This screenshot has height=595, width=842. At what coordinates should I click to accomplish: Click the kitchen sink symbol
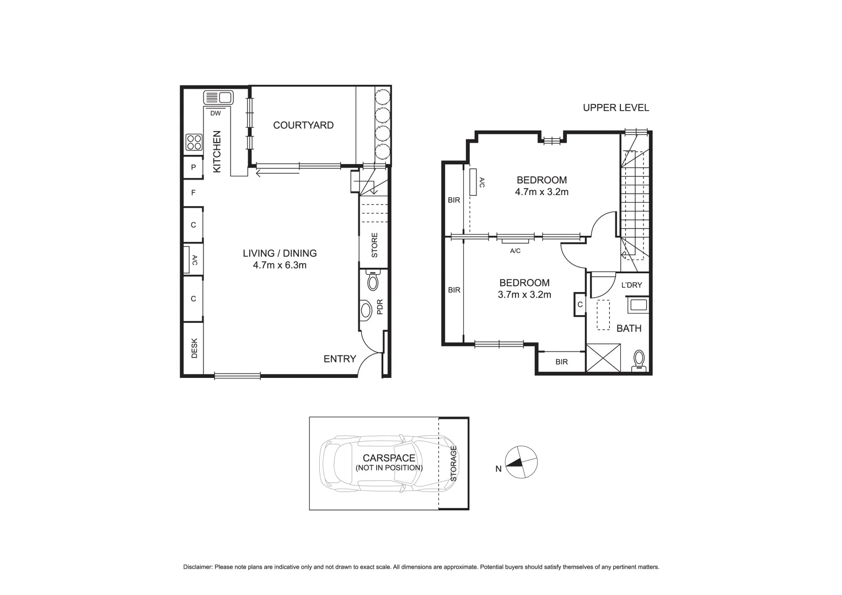pos(218,98)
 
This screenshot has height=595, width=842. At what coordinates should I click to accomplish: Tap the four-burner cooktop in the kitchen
pos(194,142)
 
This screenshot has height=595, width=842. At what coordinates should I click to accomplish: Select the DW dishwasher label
pos(216,113)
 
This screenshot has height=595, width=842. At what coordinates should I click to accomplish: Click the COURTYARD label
pos(303,125)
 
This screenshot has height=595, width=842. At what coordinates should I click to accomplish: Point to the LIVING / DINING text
pos(280,253)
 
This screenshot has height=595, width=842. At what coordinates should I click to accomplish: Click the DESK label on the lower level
pos(194,348)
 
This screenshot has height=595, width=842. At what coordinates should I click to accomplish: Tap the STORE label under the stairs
pos(374,246)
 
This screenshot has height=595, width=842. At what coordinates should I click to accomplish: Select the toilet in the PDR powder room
pos(373,282)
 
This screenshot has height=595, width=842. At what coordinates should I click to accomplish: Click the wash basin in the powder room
pos(366,310)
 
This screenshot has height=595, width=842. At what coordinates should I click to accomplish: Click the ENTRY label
pos(340,359)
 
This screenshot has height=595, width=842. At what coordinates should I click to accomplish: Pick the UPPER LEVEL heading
pos(616,108)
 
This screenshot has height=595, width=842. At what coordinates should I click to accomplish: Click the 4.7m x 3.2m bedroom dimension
pos(541,192)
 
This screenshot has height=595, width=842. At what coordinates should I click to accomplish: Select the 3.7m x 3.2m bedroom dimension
pos(524,295)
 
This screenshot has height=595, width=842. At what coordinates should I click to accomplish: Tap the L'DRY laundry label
pos(631,285)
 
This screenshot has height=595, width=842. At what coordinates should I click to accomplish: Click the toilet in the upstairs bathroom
pos(639,359)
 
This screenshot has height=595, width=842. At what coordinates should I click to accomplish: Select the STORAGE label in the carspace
pos(454,463)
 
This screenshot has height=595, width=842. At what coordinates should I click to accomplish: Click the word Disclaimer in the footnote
pos(197,567)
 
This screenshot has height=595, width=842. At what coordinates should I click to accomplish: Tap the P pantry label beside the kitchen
pos(194,167)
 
